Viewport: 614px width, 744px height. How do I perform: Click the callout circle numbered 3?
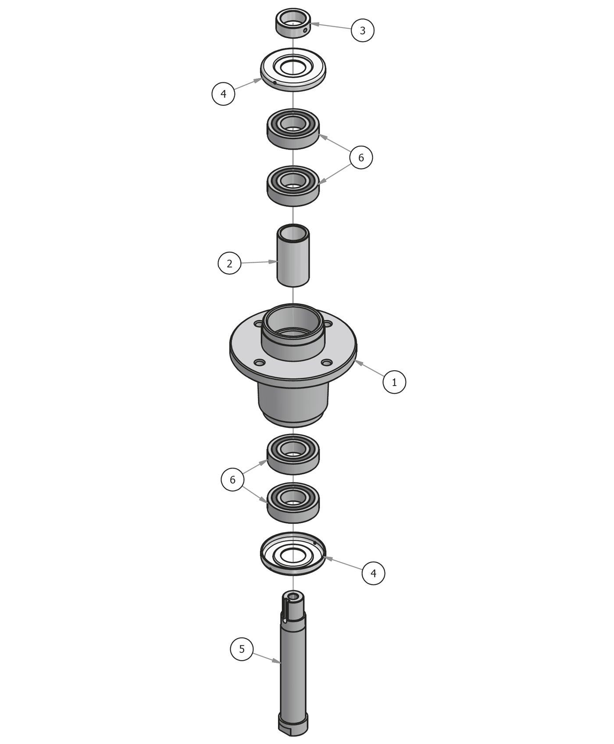point(362,30)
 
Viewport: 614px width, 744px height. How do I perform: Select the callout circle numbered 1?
point(394,382)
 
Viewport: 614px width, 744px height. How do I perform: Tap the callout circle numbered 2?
point(229,263)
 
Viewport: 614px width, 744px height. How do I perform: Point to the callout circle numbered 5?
point(242,649)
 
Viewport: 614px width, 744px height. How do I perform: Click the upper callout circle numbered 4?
point(223,93)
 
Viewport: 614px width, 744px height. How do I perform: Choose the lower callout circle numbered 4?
point(373,573)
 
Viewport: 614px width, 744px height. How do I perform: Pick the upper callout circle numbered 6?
point(361,157)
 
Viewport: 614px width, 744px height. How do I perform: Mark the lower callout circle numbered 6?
point(232,479)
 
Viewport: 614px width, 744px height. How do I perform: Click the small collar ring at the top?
point(293,24)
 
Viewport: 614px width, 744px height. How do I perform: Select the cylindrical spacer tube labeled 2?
point(293,257)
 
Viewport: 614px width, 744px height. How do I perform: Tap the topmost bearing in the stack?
point(293,129)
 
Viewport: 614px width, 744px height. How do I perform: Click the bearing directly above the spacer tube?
point(293,186)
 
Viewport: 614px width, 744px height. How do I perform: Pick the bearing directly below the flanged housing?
point(293,454)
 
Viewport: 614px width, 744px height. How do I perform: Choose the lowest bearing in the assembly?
point(293,503)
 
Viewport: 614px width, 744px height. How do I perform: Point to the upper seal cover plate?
point(293,70)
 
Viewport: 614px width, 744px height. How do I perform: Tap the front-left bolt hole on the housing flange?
point(260,363)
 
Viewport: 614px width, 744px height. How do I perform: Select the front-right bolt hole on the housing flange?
point(326,362)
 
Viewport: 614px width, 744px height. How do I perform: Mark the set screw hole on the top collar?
point(305,30)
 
